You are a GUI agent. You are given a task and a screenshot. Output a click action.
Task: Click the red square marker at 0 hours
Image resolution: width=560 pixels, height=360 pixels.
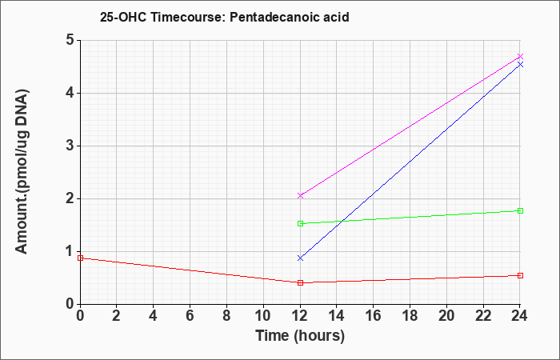80,258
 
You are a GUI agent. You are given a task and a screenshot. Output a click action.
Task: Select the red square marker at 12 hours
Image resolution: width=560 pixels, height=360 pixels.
300,283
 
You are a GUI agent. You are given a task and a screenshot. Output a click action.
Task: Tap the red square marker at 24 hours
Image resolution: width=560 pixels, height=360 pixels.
520,276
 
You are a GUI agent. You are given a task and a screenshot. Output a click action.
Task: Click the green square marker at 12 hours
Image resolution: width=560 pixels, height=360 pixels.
300,223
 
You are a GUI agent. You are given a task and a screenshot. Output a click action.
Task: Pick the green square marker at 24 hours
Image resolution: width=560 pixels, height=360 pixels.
520,210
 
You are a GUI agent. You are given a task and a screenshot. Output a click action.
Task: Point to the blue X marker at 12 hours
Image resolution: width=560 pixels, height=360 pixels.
300,258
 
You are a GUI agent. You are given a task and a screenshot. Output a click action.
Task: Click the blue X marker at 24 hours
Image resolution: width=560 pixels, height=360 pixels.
520,64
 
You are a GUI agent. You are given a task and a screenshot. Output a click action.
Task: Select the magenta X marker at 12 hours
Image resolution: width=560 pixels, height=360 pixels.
300,196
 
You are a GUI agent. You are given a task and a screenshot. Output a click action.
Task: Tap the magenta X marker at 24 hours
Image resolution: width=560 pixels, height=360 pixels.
520,57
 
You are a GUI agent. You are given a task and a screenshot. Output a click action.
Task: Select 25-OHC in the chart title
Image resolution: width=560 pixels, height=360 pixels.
123,17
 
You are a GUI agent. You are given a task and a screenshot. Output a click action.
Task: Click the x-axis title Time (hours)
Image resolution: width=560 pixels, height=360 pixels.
300,336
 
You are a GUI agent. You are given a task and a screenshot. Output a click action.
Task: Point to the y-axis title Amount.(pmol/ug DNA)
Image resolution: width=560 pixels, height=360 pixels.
22,172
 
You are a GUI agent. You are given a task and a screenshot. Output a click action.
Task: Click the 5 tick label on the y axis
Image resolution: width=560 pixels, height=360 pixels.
70,40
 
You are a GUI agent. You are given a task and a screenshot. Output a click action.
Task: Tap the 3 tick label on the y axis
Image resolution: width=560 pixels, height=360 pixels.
70,146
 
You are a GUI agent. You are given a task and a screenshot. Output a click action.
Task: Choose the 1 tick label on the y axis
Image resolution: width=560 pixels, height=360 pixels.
70,252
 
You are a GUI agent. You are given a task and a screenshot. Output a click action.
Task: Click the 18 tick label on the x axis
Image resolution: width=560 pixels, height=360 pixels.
410,316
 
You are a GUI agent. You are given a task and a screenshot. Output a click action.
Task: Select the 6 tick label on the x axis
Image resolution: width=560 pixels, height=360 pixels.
190,316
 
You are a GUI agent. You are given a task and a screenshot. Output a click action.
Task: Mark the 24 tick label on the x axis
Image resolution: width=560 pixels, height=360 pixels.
519,316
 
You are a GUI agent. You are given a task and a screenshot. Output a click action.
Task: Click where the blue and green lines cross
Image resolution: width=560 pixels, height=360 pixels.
342,221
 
